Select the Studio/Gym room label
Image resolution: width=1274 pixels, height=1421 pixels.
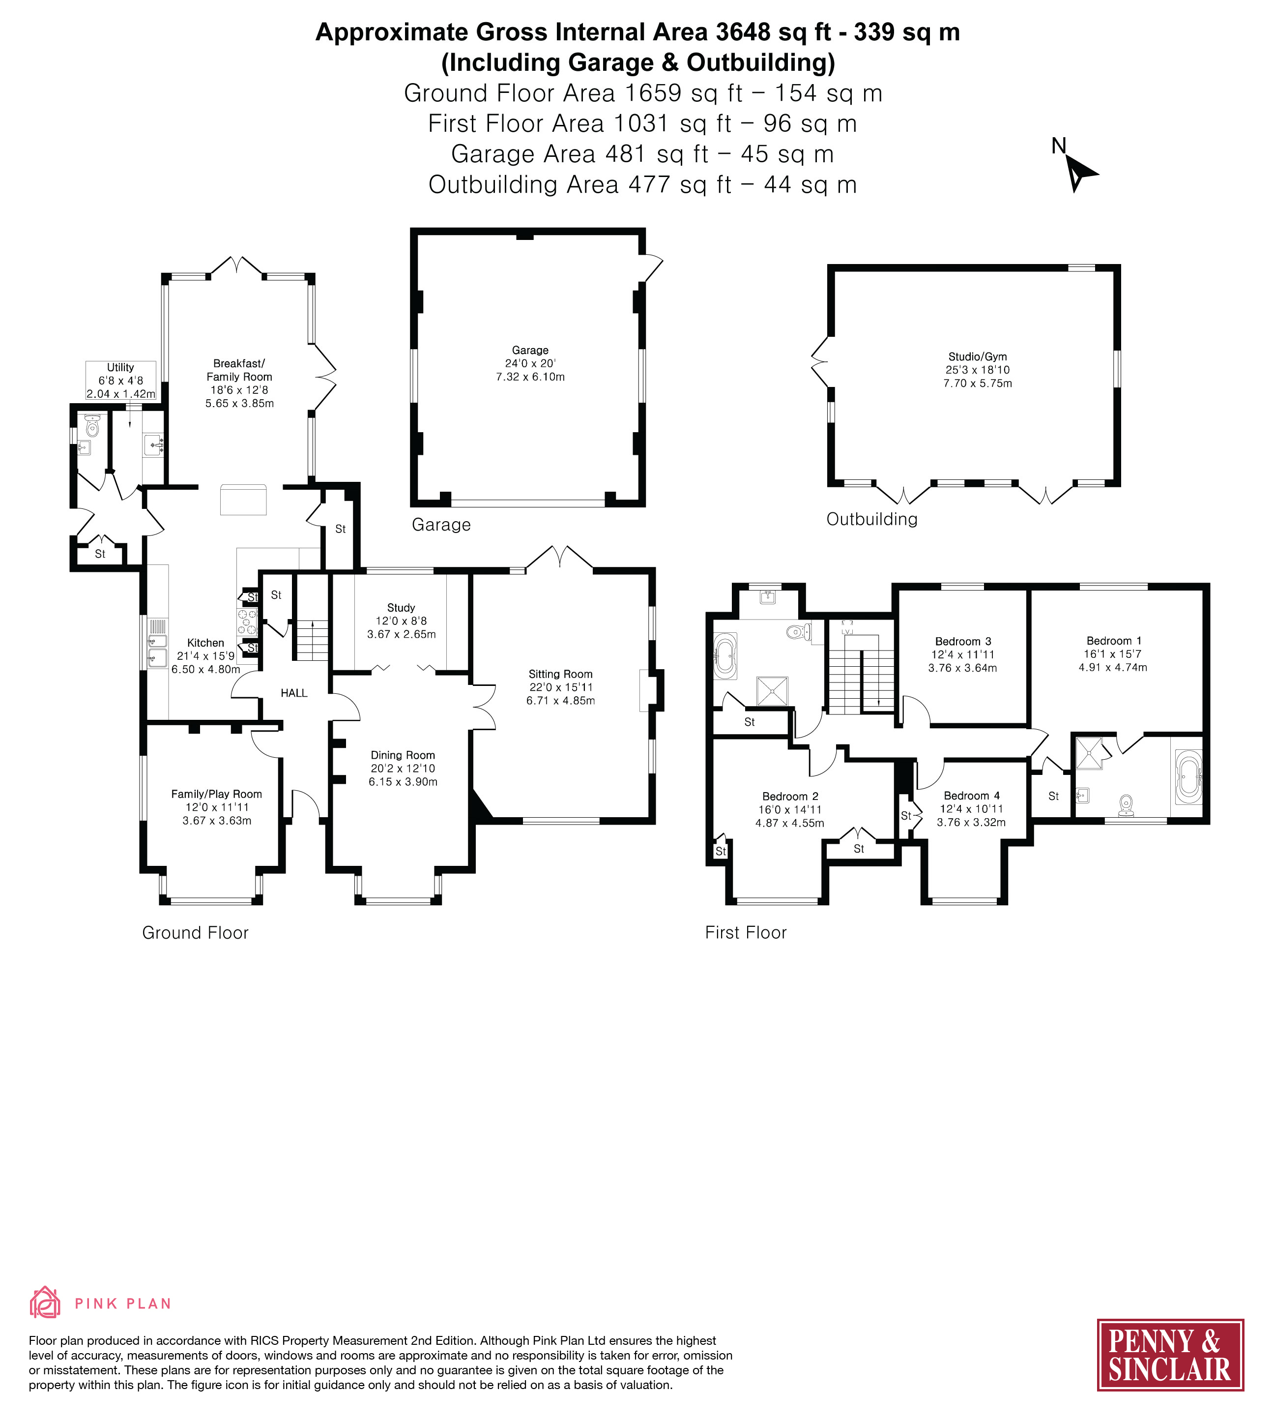[x=977, y=356]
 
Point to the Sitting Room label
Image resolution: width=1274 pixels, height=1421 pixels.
[x=560, y=674]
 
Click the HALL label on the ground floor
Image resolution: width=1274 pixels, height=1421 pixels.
[x=294, y=693]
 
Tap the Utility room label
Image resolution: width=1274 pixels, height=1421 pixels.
[x=120, y=367]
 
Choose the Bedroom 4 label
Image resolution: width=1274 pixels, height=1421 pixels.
[x=972, y=796]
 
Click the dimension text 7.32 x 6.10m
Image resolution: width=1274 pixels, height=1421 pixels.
[x=530, y=377]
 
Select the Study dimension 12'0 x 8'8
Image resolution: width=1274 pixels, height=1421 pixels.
[x=401, y=621]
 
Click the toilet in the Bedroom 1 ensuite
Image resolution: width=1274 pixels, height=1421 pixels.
[x=1126, y=805]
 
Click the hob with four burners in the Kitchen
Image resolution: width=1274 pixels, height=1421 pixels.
[x=248, y=622]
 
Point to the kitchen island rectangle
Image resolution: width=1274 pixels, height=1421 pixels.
[x=244, y=500]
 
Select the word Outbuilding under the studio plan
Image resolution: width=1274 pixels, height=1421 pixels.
[x=871, y=519]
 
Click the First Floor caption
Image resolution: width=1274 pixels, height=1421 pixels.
[x=746, y=932]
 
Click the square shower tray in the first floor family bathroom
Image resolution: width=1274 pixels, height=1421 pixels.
[x=771, y=691]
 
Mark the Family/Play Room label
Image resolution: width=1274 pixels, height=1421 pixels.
[x=217, y=794]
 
